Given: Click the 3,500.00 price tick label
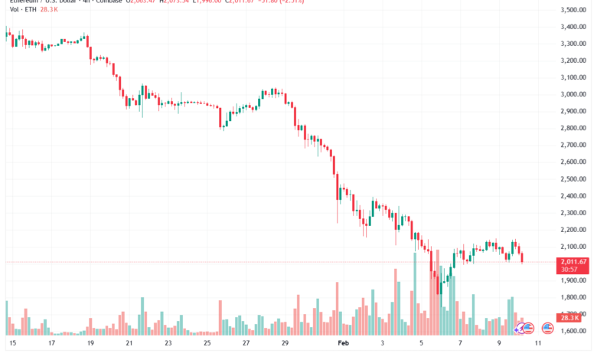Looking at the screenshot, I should tap(573, 10).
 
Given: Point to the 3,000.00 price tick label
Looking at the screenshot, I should tap(573, 94).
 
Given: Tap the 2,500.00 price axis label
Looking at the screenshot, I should tap(573, 179).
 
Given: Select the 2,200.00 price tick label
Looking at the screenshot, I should tap(573, 230).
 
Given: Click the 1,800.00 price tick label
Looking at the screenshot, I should tap(573, 297).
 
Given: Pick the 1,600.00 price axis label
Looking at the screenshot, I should tap(573, 331).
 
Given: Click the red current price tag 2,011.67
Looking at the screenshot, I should tap(573, 261).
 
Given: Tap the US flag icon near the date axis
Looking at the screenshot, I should tap(547, 328).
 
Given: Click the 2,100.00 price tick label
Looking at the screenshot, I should tap(573, 247).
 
